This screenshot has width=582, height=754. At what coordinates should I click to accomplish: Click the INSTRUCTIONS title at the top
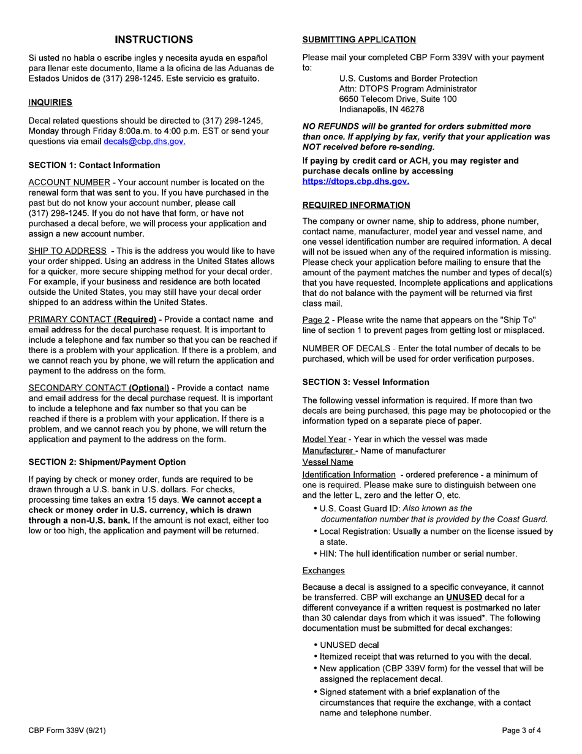coord(154,40)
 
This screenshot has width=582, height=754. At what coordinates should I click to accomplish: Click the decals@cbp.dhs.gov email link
coord(145,142)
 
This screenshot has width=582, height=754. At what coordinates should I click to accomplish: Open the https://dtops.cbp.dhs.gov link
coord(356,181)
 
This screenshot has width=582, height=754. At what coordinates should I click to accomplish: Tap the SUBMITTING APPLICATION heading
coord(359,40)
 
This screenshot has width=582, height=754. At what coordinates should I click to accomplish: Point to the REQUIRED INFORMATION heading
coord(357,205)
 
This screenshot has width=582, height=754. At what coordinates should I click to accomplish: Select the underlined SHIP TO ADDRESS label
coord(67,251)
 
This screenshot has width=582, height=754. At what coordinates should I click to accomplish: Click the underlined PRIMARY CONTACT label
coord(68,320)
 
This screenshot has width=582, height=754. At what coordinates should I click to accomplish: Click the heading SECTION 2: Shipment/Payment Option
coord(107,462)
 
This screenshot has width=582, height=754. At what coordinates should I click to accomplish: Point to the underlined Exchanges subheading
coord(323,571)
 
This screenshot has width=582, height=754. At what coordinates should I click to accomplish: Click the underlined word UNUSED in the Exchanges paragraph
coord(464,598)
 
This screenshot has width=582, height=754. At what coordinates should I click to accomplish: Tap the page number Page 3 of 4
coord(521,731)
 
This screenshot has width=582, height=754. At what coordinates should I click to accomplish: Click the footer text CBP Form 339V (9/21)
coord(69,731)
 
